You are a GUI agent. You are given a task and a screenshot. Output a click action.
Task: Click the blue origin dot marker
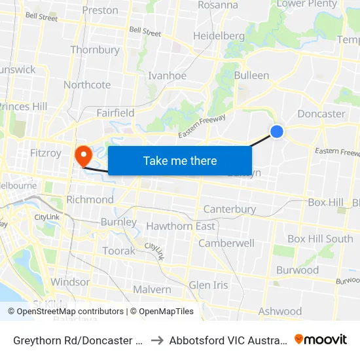(x=277, y=132)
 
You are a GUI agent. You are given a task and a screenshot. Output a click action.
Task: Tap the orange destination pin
(x=84, y=155)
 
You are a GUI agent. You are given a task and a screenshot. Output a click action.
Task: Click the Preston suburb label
(x=101, y=10)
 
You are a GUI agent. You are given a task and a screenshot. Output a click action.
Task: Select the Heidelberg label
(x=219, y=36)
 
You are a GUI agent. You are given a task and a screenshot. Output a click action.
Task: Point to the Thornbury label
(x=95, y=50)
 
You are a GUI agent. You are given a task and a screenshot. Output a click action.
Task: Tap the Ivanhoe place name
(x=167, y=75)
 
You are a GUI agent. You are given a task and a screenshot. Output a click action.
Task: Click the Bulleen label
(x=251, y=75)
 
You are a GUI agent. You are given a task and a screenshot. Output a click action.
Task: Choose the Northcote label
(x=87, y=85)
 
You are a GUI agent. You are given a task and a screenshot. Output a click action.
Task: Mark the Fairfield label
(x=115, y=113)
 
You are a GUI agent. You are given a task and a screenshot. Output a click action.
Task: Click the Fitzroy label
(x=46, y=153)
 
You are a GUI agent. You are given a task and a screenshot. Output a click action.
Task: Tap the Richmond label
(x=90, y=199)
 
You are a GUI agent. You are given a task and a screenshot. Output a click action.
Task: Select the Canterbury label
(x=229, y=209)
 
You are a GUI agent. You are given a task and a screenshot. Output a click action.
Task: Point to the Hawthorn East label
(x=181, y=226)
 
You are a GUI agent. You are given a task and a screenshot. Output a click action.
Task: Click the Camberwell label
(x=226, y=243)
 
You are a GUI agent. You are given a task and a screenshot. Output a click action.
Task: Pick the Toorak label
(x=118, y=251)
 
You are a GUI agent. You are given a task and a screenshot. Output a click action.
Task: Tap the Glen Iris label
(x=208, y=285)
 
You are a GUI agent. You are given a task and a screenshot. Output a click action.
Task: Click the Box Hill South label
(x=320, y=239)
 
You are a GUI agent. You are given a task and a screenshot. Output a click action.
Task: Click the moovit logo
(x=321, y=339)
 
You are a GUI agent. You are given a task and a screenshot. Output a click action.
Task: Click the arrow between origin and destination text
(x=157, y=340)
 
